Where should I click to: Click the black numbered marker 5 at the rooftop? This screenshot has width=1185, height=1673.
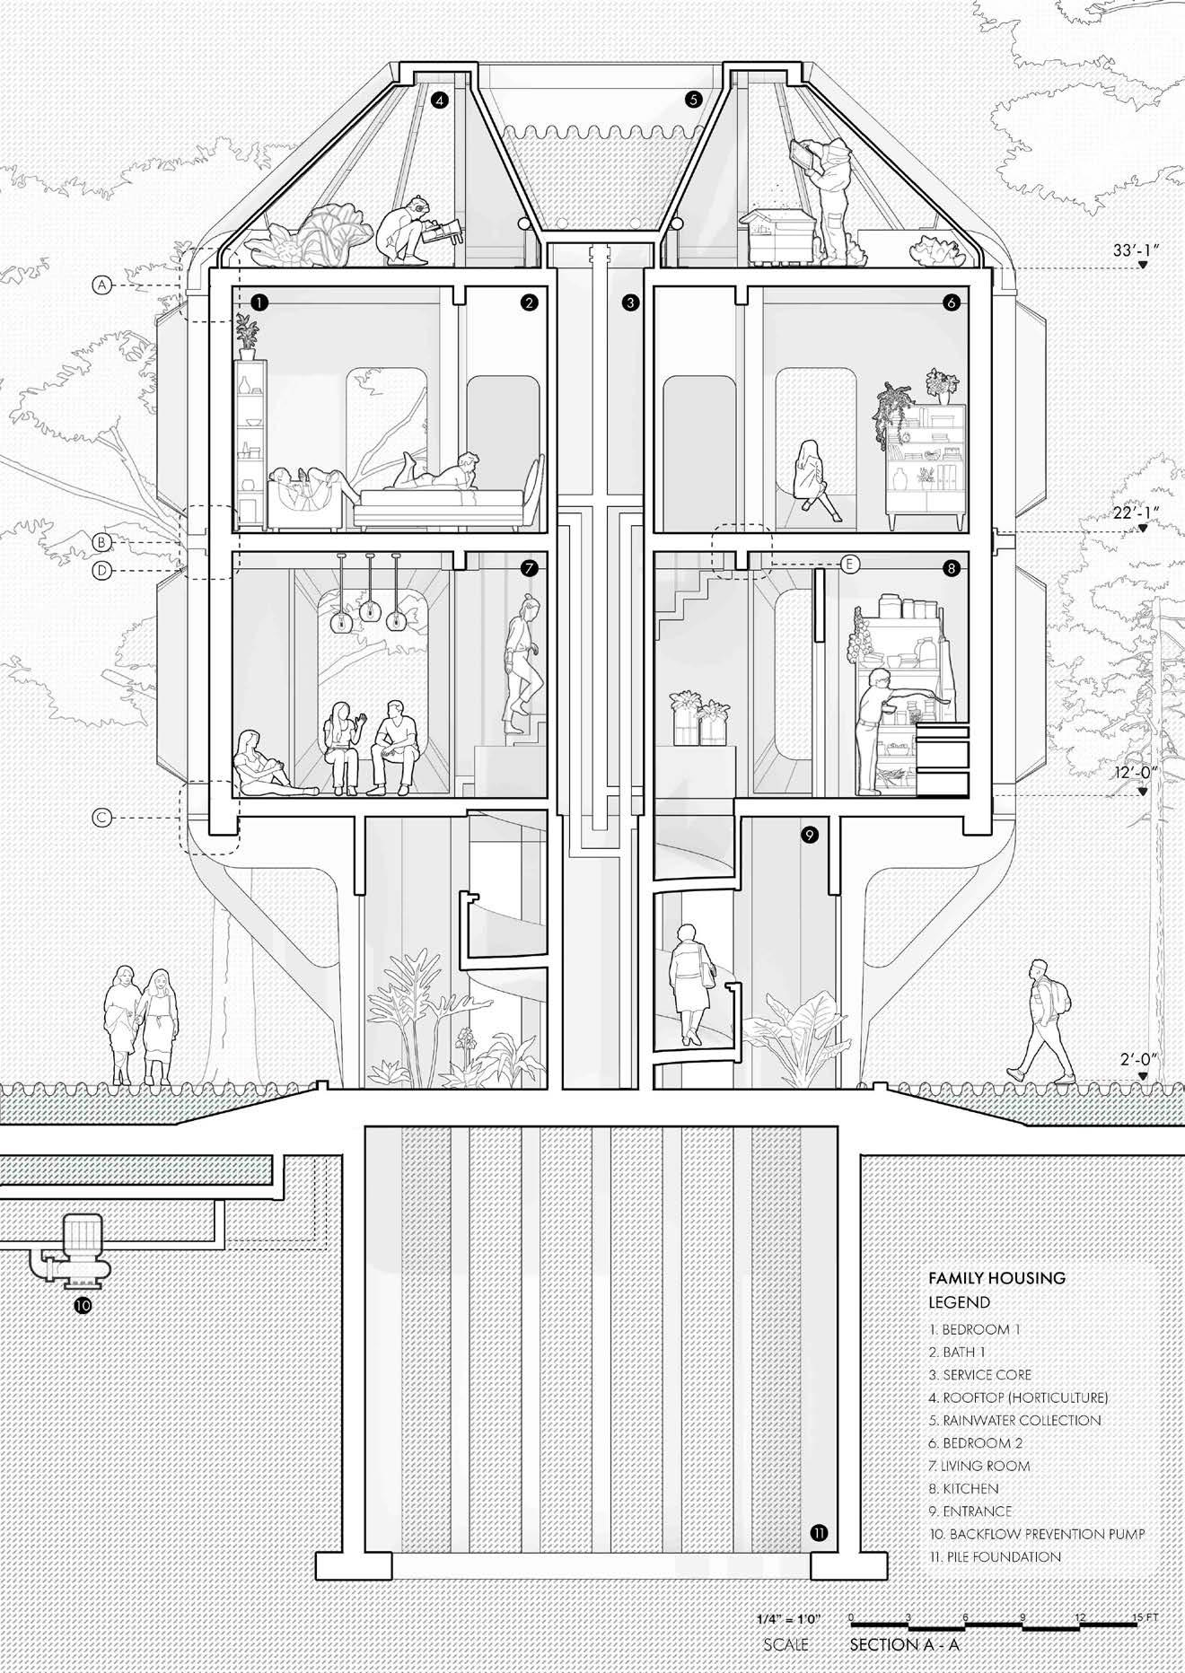pos(692,100)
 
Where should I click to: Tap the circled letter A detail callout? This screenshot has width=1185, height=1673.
pos(102,285)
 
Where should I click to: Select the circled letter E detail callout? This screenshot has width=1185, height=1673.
pos(849,564)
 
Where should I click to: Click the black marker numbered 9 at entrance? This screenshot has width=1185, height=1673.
pos(809,836)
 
